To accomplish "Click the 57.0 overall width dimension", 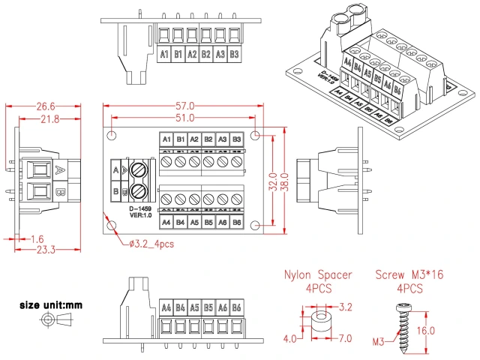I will tap(184, 106).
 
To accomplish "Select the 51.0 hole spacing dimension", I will tap(184, 118).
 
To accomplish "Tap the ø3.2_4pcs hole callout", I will tap(152, 244).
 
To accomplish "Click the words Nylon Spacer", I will tap(317, 275).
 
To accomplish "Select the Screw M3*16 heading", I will tap(409, 275).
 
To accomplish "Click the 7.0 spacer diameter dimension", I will tap(345, 339).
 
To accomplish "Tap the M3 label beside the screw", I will tap(379, 343).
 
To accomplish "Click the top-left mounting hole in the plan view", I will tap(112, 136).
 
